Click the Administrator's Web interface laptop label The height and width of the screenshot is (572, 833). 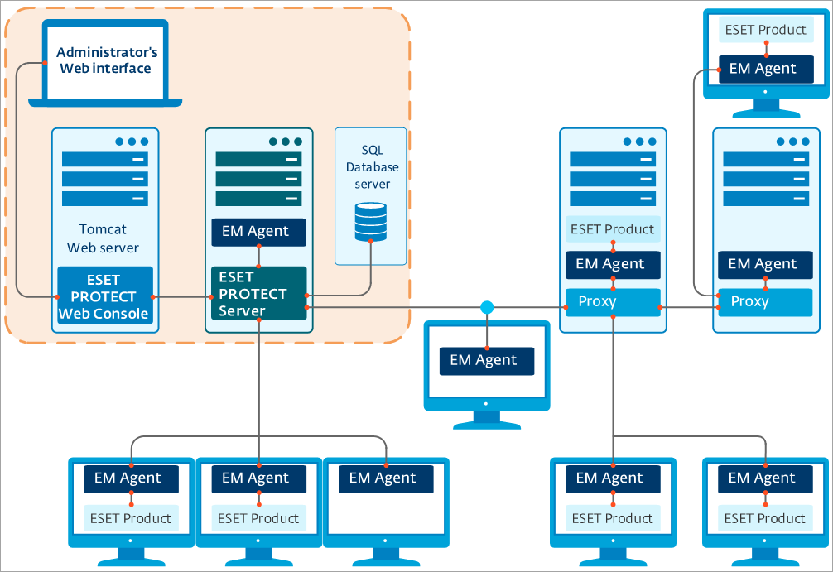click(x=105, y=60)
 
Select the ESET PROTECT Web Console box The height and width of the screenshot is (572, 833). click(x=105, y=296)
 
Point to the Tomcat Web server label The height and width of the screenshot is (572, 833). click(x=104, y=238)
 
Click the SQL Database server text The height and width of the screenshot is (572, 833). click(x=372, y=166)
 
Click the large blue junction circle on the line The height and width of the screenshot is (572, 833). click(x=487, y=308)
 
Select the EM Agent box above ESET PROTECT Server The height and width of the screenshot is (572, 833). click(x=258, y=232)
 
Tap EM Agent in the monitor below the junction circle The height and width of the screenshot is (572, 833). click(x=486, y=360)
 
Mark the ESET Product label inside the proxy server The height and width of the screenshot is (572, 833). click(x=612, y=229)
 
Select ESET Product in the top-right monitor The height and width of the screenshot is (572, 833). click(x=765, y=30)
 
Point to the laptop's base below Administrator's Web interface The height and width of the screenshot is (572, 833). click(x=105, y=102)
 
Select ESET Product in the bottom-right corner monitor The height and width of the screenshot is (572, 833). click(x=765, y=518)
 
